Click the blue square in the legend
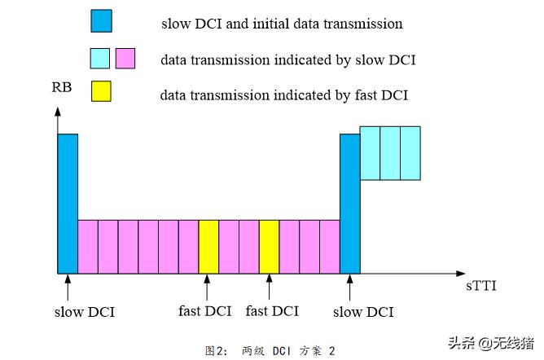tap(101, 22)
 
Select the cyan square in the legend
tap(101, 58)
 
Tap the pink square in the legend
tap(125, 58)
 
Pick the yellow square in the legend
tap(101, 93)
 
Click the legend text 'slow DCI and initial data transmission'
tap(281, 24)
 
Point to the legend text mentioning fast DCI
tap(283, 95)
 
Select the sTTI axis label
tap(481, 287)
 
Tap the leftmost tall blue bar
tap(68, 203)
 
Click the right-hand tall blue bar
tap(349, 203)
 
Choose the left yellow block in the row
tap(208, 246)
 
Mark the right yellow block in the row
tap(269, 246)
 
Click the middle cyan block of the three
tap(390, 152)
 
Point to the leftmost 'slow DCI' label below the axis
tap(85, 311)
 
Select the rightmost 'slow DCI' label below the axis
tap(364, 311)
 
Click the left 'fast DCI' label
tap(204, 311)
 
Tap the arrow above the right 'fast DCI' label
tap(269, 288)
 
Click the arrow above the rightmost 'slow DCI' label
tap(350, 288)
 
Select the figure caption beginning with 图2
tap(272, 350)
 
